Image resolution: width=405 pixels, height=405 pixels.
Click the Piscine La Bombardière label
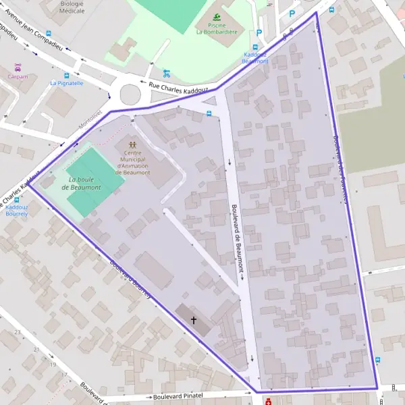coord(216,28)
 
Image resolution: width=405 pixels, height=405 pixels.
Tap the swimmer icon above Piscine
coord(217,17)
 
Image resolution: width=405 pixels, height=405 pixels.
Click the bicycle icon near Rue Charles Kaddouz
coord(167,74)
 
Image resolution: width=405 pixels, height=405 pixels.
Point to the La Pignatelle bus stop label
coord(67,84)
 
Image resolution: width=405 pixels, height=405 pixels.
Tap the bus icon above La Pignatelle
coord(66,75)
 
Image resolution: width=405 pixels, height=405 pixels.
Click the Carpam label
coord(18,77)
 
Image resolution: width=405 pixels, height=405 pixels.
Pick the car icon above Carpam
coord(18,67)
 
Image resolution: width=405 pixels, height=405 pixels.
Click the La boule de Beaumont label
coord(85,182)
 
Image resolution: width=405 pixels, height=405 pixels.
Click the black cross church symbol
coord(194,320)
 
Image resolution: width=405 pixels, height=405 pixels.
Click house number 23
coord(36,350)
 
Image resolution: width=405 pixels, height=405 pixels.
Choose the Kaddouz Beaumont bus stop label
coord(256,57)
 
